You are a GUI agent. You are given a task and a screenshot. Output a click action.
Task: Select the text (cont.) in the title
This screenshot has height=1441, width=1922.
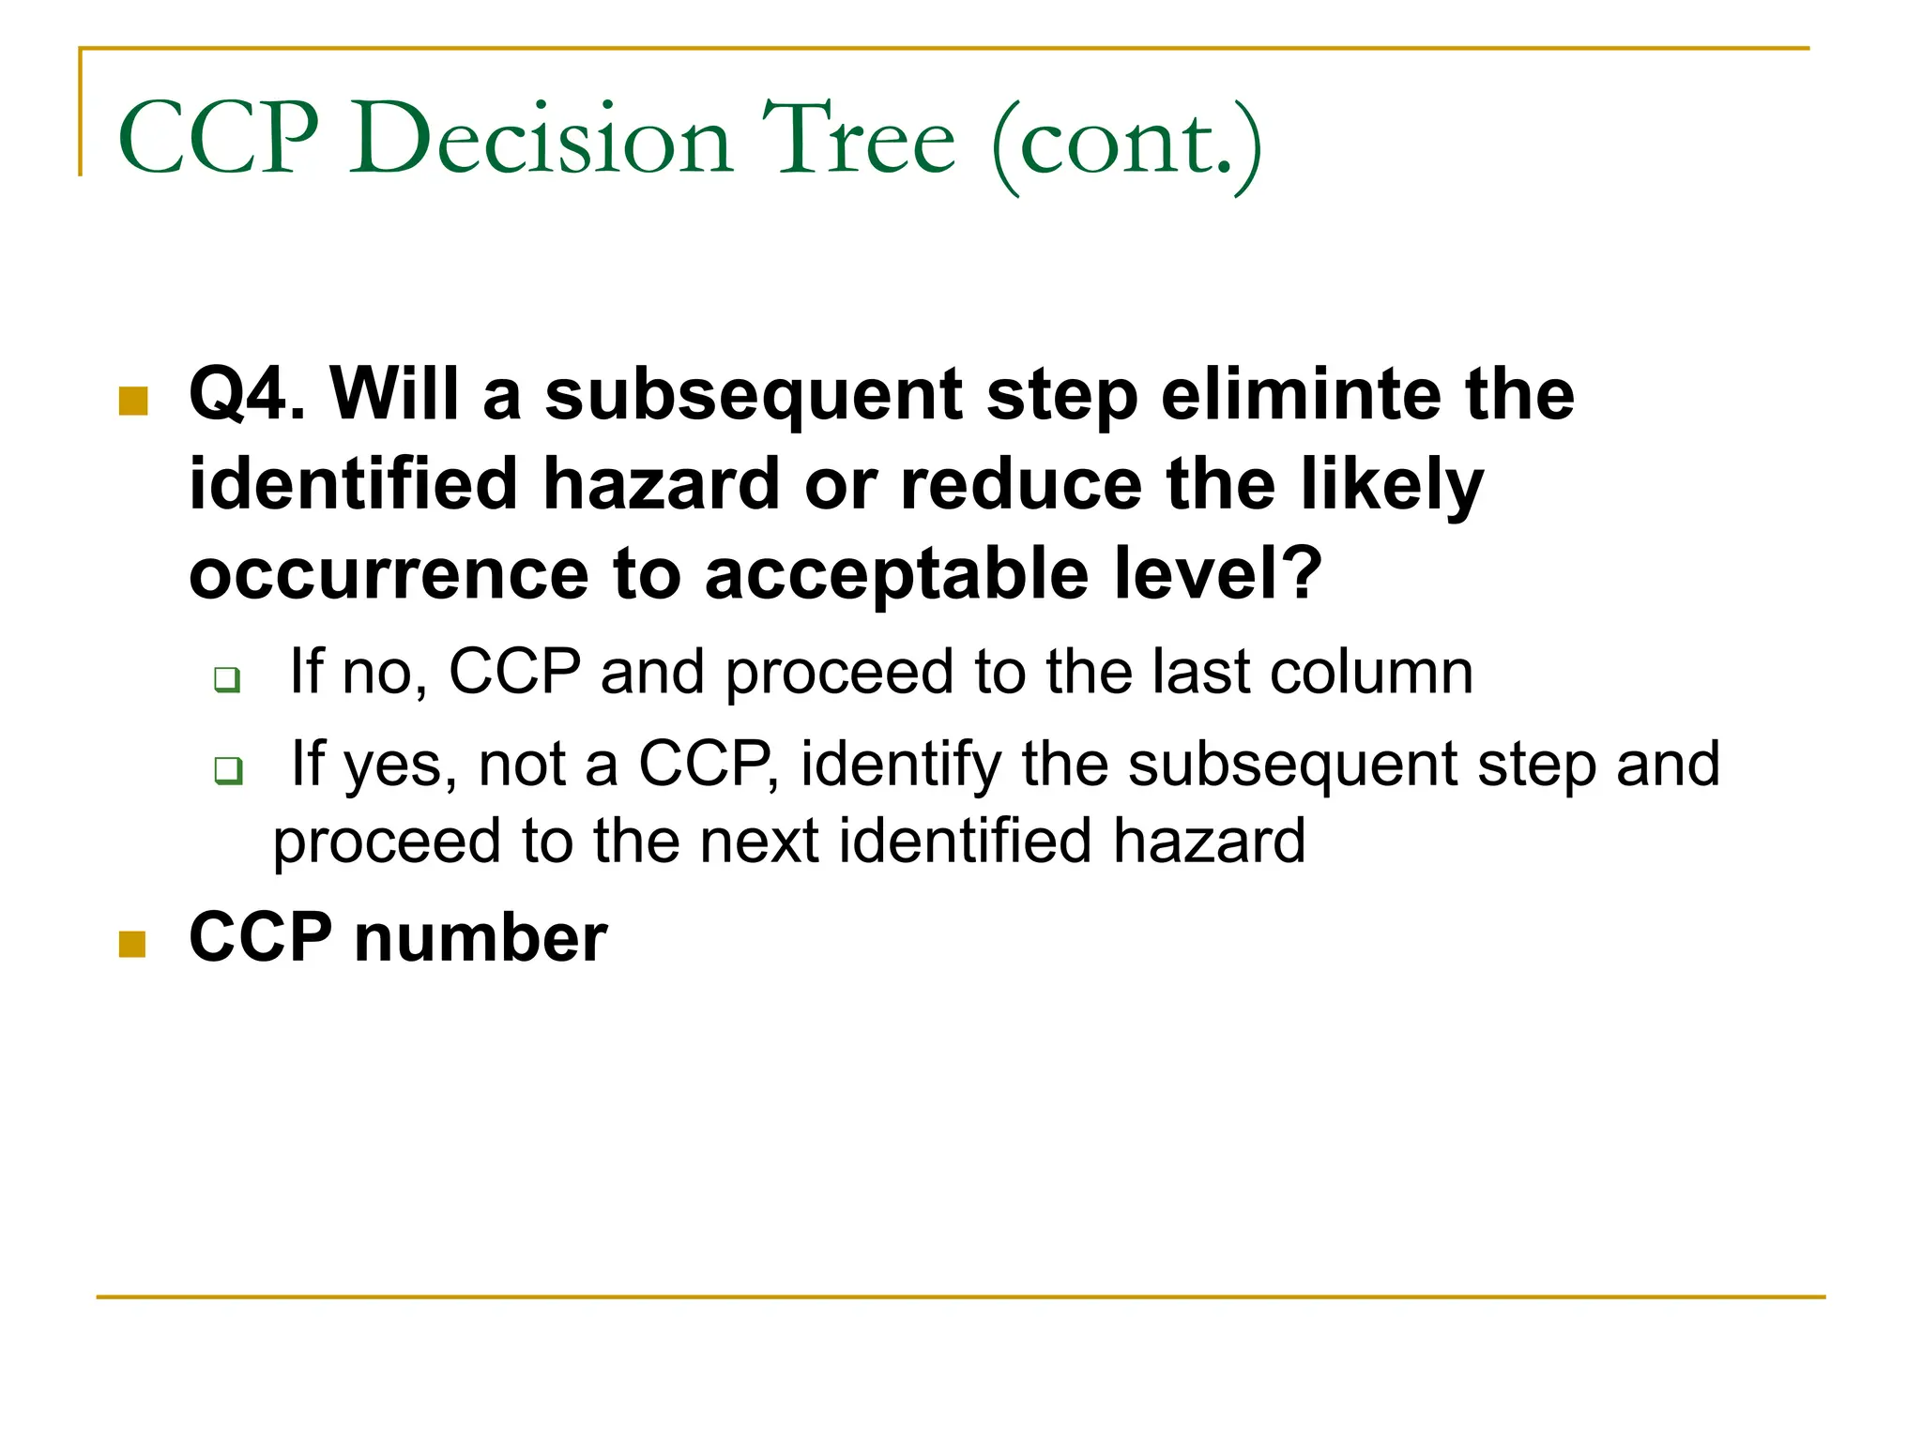click(1126, 145)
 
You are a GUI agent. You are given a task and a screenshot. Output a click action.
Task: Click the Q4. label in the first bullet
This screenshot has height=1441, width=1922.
click(247, 394)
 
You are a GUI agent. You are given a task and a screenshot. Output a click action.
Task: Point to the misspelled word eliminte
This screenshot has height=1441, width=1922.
click(1301, 394)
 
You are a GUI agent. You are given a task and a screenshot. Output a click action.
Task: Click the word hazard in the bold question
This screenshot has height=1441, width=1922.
click(661, 484)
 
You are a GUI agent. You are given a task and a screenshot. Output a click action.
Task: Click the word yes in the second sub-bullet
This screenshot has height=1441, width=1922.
click(400, 765)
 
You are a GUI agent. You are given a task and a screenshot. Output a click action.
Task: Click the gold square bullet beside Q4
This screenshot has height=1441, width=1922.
click(133, 401)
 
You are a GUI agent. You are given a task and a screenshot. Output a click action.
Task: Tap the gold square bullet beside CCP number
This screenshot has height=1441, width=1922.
click(132, 944)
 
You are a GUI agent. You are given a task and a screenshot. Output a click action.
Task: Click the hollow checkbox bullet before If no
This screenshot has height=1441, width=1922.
click(227, 678)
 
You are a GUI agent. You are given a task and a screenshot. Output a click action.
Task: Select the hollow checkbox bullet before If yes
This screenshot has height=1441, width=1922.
click(228, 771)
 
